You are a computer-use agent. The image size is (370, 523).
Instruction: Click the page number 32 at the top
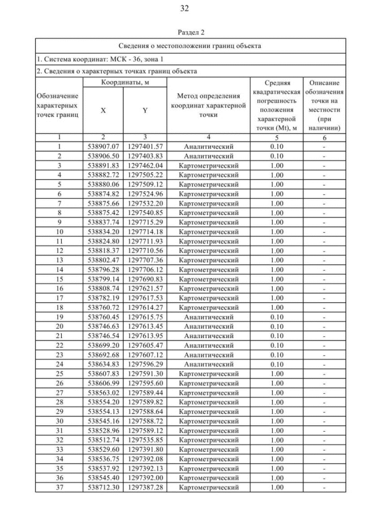point(185,8)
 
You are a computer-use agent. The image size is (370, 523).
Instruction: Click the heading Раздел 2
point(185,32)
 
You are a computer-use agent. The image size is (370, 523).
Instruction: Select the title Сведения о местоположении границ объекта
point(190,46)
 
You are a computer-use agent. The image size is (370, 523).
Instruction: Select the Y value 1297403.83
point(145,156)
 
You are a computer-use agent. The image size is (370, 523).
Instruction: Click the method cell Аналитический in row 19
point(208,317)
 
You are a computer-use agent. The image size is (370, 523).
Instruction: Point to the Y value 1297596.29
point(145,365)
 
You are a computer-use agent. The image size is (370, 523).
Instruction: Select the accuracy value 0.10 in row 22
point(276,346)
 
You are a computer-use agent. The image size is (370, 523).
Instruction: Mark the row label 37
point(60,488)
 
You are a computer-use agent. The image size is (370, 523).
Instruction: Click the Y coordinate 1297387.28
point(145,488)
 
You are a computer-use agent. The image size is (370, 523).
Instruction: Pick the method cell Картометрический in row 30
point(208,421)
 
